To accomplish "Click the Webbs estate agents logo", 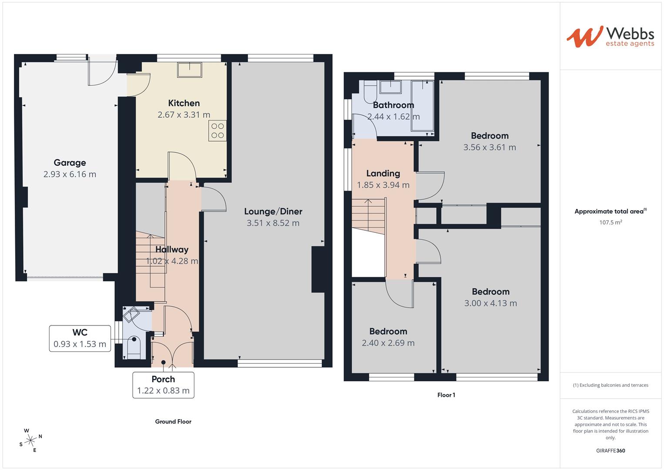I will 610,37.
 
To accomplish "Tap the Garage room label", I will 70,163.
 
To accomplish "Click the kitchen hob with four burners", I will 217,131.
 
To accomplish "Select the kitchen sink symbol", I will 190,70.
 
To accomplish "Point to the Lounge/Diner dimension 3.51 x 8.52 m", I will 273,223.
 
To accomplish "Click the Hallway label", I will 172,249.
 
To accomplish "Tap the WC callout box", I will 80,338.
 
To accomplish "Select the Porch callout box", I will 163,385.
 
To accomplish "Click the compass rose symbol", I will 31,440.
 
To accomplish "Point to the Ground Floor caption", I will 173,421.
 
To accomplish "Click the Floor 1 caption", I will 446,395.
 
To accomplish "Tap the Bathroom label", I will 393,105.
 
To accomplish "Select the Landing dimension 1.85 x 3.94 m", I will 383,185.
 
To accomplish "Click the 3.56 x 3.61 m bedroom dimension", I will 490,148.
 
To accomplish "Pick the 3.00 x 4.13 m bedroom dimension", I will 490,303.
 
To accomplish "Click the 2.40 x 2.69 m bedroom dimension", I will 388,343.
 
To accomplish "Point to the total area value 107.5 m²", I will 611,222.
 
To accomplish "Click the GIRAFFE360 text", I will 610,450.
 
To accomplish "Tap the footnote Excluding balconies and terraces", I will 611,385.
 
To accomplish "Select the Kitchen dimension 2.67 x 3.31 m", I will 184,115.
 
